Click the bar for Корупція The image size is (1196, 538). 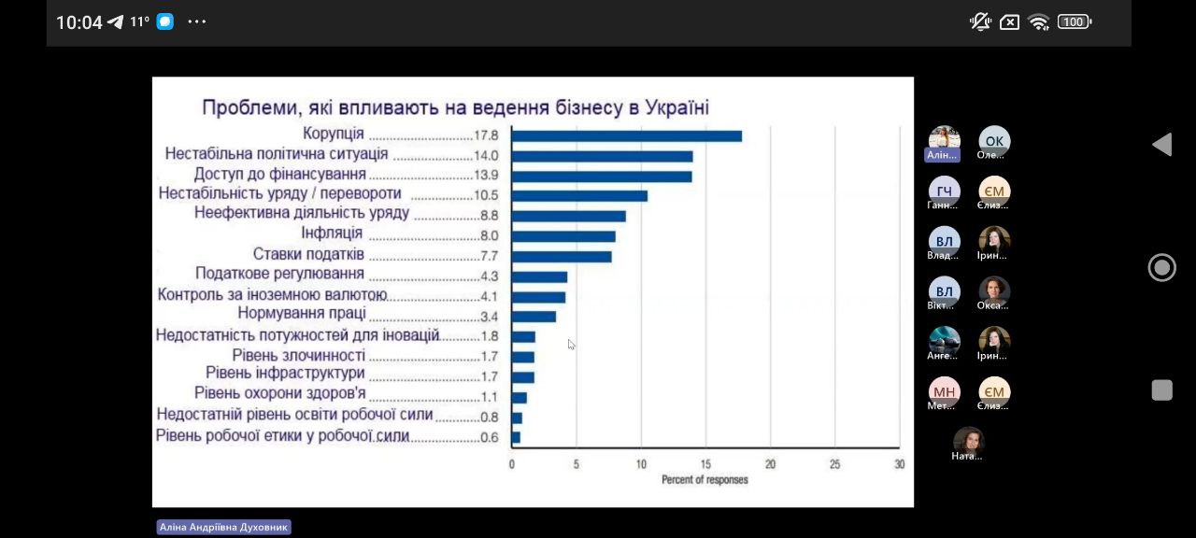pyautogui.click(x=626, y=136)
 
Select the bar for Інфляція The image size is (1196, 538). pyautogui.click(x=563, y=236)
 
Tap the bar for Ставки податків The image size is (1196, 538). pyautogui.click(x=562, y=257)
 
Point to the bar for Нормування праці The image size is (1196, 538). pyautogui.click(x=534, y=317)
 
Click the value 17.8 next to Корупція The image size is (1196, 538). pyautogui.click(x=486, y=135)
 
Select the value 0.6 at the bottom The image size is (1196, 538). pyautogui.click(x=489, y=437)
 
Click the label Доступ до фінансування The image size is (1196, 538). pyautogui.click(x=279, y=174)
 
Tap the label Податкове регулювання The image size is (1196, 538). pyautogui.click(x=279, y=274)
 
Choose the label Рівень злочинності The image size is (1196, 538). pyautogui.click(x=298, y=355)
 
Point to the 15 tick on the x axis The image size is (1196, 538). pyautogui.click(x=705, y=464)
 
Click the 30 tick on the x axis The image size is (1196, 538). pyautogui.click(x=899, y=464)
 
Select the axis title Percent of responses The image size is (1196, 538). pyautogui.click(x=705, y=480)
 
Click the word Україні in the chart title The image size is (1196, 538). pyautogui.click(x=675, y=107)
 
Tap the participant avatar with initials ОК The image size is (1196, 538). pyautogui.click(x=994, y=141)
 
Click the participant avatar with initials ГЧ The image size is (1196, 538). pyautogui.click(x=944, y=191)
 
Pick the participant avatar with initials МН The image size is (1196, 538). pyautogui.click(x=944, y=392)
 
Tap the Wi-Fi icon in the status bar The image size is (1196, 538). pyautogui.click(x=1038, y=22)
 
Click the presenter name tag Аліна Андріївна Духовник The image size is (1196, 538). pyautogui.click(x=223, y=528)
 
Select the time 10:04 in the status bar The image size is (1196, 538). pyautogui.click(x=78, y=22)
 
